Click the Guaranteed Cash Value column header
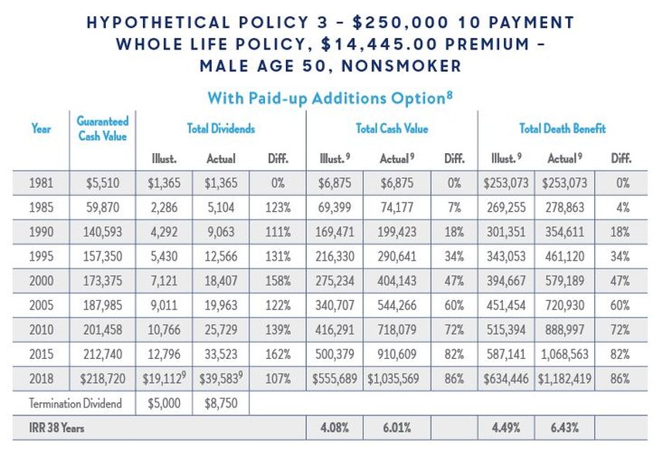pyautogui.click(x=102, y=128)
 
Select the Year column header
pyautogui.click(x=40, y=128)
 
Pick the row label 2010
pyautogui.click(x=41, y=329)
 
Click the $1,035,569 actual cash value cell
pyautogui.click(x=394, y=379)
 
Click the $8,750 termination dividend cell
pyautogui.click(x=221, y=402)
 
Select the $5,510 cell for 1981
pyautogui.click(x=103, y=184)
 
